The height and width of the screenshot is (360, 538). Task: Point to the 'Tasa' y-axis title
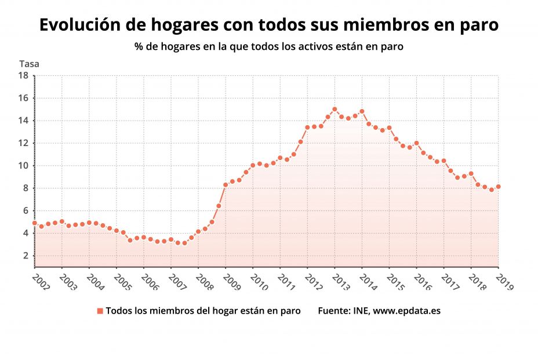29,64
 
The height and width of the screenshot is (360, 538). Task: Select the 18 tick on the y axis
23,75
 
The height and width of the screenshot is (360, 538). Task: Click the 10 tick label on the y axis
23,166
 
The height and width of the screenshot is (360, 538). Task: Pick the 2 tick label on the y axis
26,256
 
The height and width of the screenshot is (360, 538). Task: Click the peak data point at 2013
335,109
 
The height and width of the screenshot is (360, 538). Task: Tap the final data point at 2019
498,187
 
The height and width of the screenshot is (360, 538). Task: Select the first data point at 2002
35,223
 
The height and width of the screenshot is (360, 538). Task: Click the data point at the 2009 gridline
226,185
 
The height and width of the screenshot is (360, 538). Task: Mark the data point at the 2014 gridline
362,111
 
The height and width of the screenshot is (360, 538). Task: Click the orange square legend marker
100,311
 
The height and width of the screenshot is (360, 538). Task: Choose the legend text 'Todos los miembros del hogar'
174,311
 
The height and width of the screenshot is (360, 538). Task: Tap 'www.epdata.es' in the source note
406,311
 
